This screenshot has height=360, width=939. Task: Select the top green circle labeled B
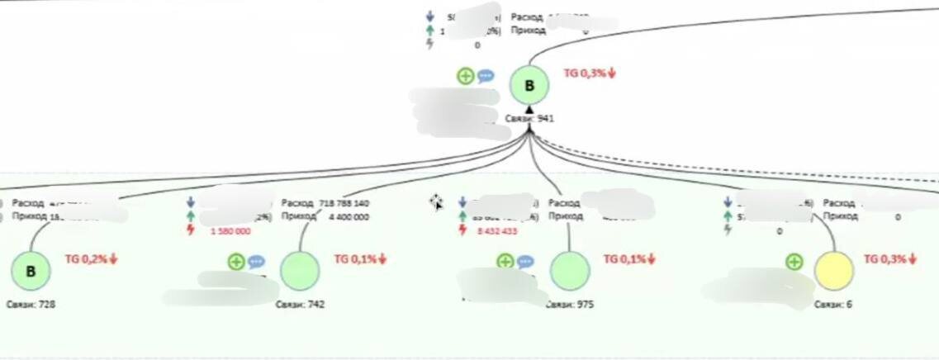[x=529, y=85]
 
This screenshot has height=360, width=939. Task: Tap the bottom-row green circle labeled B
[x=31, y=272]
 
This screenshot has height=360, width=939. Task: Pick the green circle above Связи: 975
[x=570, y=272]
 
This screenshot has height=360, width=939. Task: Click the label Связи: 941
[x=529, y=119]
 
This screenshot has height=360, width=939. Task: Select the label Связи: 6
[x=833, y=305]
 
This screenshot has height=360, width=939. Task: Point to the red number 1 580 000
[x=231, y=231]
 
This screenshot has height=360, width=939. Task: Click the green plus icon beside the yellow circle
[x=794, y=262]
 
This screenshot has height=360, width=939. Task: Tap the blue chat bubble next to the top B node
[x=486, y=76]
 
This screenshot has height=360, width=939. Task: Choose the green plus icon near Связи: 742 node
[x=236, y=262]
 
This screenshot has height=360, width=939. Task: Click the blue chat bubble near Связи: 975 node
[x=525, y=262]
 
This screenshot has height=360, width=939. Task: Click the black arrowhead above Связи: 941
[x=529, y=108]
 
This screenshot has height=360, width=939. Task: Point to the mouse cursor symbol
[x=436, y=202]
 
